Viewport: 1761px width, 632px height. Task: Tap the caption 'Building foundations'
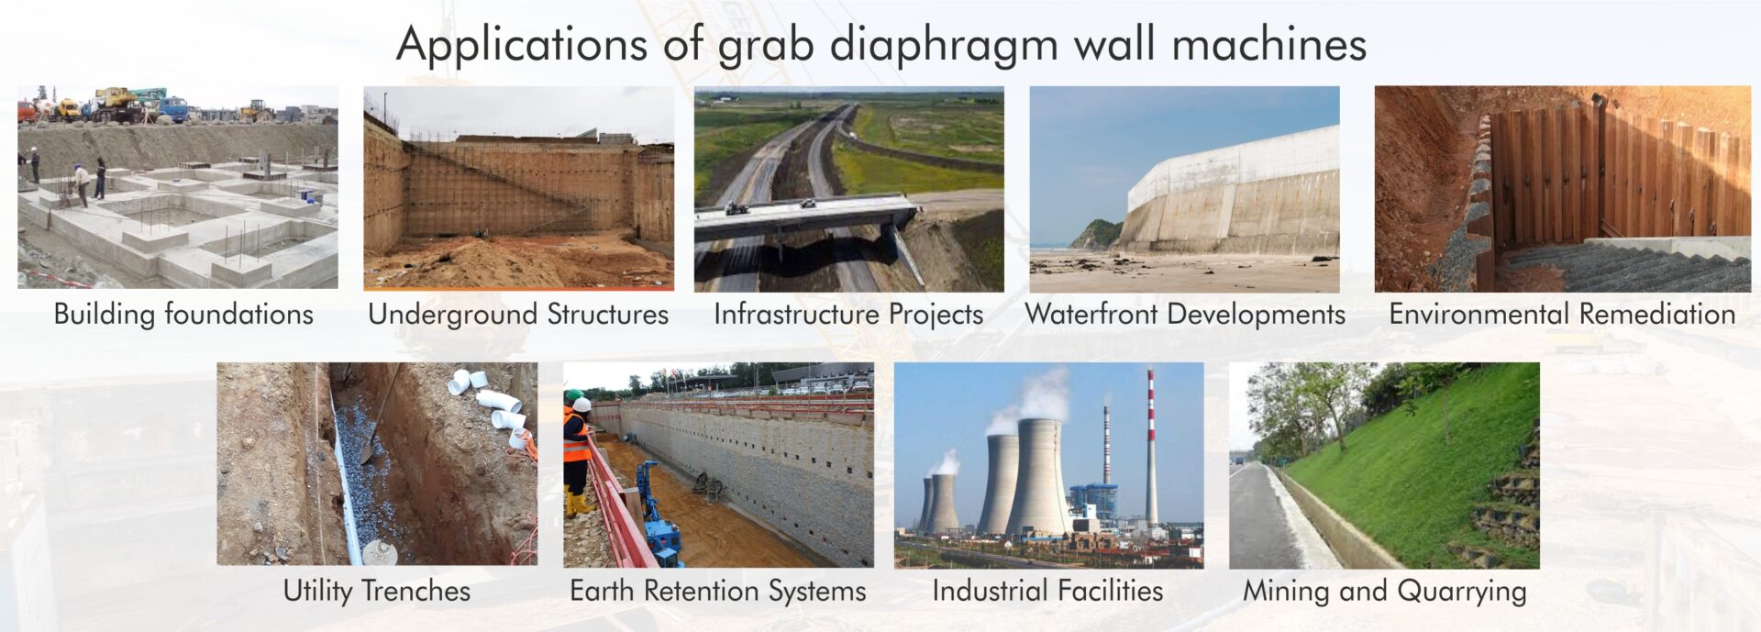(x=183, y=314)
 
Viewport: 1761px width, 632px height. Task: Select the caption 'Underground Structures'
(x=518, y=314)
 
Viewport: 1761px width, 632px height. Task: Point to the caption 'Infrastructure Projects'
(x=848, y=314)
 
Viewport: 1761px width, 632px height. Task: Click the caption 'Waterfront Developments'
(x=1185, y=314)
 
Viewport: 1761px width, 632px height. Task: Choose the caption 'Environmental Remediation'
(x=1562, y=314)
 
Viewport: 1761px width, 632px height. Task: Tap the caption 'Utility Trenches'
(x=377, y=591)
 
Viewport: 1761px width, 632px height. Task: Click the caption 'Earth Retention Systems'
(x=718, y=591)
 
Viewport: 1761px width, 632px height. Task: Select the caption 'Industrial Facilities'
(x=1047, y=591)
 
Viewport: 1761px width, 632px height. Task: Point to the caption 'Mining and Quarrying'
(x=1384, y=591)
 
